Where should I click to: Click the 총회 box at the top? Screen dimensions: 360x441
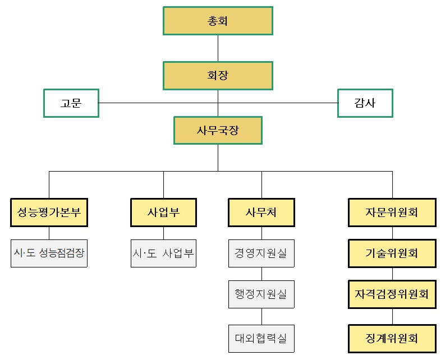[218, 21]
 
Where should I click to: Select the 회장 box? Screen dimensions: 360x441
[218, 76]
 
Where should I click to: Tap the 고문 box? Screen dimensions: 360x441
[71, 103]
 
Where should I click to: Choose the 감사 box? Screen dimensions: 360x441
[365, 103]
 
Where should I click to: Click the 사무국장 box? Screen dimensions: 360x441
[218, 130]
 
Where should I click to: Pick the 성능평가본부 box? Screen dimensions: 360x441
[49, 213]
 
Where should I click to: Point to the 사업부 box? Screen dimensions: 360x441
[163, 213]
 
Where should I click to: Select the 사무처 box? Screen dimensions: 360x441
[261, 213]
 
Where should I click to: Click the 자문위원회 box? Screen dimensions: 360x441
[392, 213]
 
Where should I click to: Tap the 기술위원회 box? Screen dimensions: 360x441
[392, 253]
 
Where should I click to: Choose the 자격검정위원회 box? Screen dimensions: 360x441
[392, 294]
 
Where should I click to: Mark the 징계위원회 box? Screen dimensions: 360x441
[392, 338]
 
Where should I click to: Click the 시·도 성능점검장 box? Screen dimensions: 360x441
[49, 253]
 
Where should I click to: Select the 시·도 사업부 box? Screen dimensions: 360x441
[163, 253]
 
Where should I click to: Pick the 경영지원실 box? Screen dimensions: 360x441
[261, 253]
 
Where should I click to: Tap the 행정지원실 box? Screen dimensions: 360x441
[261, 294]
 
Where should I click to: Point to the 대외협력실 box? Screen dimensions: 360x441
[261, 338]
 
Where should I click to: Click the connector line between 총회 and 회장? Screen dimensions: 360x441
[218, 48]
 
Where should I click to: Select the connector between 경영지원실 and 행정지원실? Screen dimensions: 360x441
[261, 274]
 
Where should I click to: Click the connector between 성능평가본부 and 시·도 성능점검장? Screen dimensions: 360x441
[49, 233]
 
